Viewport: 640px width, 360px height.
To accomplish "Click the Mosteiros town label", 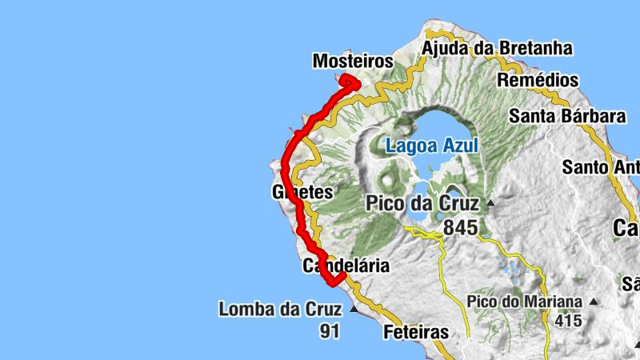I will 353,61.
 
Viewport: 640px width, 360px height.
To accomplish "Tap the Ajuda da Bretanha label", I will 497,48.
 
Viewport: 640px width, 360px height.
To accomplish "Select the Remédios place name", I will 538,81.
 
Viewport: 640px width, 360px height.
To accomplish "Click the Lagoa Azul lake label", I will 431,146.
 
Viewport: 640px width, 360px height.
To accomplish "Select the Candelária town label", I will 346,266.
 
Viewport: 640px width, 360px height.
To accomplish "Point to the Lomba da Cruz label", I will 279,309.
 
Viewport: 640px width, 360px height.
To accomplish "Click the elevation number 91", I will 330,331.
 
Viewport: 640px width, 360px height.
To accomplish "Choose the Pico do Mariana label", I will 525,302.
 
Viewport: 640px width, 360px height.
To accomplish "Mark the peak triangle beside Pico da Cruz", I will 490,203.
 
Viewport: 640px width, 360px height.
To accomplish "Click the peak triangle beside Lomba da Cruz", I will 353,308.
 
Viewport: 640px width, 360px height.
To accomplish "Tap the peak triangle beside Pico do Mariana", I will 593,302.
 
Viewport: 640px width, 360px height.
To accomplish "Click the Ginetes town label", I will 302,192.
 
